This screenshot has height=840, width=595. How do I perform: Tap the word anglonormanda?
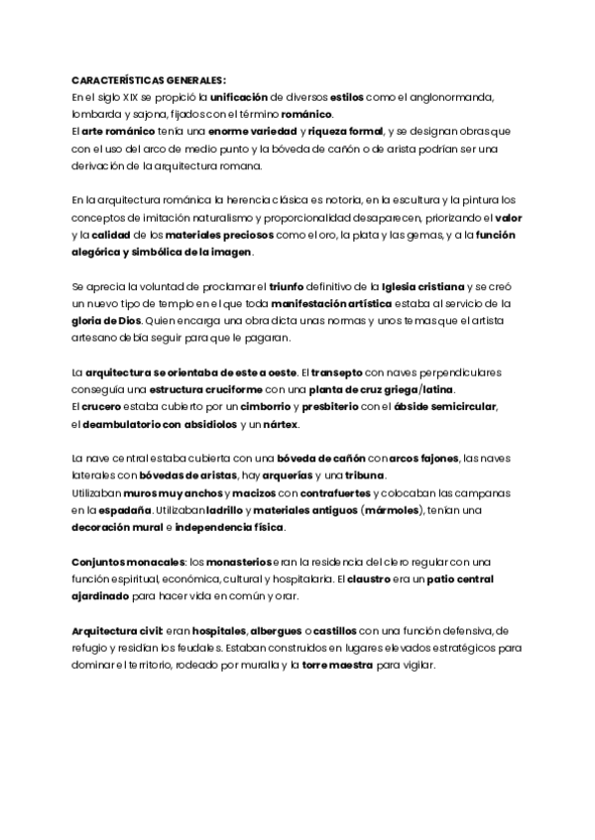point(455,98)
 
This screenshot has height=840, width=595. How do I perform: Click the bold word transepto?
point(339,371)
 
